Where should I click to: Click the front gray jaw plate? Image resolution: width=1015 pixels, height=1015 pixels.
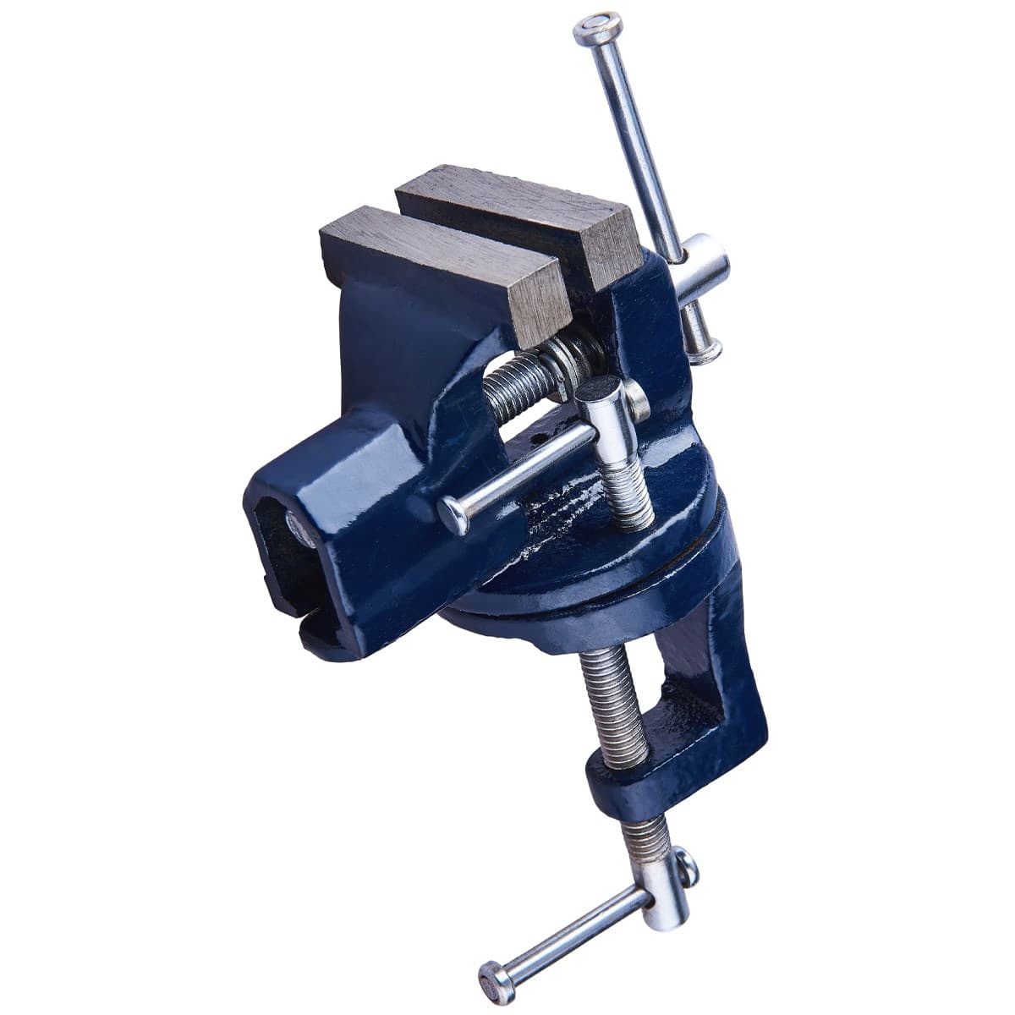point(440,262)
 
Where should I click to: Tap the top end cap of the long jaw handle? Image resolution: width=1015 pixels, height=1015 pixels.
point(597,29)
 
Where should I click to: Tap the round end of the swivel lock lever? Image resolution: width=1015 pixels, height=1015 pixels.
point(453,513)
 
